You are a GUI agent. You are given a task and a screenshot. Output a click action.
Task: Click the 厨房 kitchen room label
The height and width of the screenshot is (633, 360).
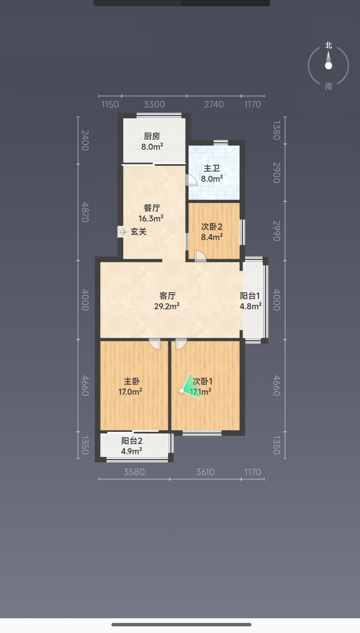(152, 136)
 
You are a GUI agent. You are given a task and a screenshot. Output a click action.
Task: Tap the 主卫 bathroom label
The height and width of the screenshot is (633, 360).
(212, 168)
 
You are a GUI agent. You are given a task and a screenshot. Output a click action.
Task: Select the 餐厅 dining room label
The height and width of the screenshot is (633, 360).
(152, 208)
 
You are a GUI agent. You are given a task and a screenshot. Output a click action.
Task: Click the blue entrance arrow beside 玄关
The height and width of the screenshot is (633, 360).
(122, 232)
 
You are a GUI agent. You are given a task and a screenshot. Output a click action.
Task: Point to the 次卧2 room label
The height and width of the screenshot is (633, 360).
(212, 226)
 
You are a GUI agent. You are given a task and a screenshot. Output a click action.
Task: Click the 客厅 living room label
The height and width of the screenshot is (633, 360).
(168, 296)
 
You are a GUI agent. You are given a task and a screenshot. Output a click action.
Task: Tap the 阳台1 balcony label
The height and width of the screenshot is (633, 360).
(250, 296)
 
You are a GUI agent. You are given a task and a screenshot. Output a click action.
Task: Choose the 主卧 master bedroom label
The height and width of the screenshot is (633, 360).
(132, 381)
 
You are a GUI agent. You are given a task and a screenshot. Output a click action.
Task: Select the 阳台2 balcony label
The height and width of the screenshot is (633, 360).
(132, 441)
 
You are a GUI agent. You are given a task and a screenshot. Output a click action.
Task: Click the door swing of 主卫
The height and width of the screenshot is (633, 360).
(191, 180)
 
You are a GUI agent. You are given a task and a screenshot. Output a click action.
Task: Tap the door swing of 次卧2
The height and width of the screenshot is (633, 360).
(200, 256)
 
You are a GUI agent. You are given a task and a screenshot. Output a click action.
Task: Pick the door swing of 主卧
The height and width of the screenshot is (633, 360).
(155, 344)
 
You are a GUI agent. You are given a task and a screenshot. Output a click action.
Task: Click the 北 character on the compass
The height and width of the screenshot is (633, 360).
(329, 45)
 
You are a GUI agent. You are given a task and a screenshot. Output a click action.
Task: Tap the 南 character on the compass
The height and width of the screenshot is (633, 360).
(329, 86)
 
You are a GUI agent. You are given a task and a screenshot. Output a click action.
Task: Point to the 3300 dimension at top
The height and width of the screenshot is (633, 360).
(154, 105)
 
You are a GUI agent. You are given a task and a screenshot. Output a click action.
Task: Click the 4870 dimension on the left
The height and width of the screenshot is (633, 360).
(85, 212)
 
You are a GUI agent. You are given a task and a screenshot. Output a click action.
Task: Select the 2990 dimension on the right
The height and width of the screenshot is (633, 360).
(277, 231)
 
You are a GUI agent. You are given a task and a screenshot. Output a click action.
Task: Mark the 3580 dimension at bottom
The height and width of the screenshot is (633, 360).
(134, 472)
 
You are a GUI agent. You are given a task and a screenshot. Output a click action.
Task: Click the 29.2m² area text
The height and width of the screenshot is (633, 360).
(167, 306)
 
